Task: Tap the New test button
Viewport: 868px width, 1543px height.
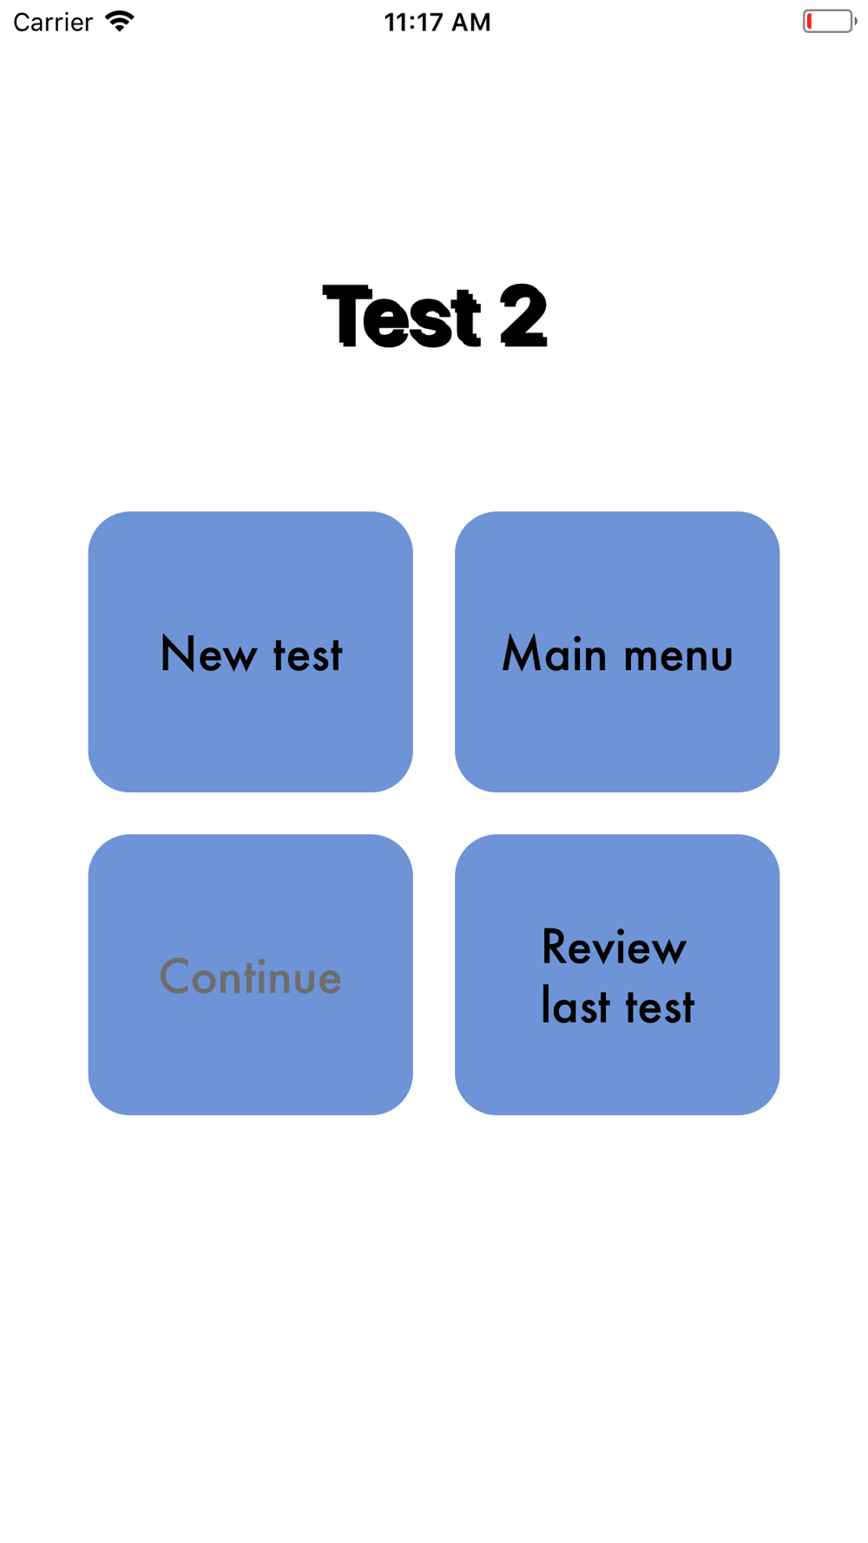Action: pyautogui.click(x=250, y=651)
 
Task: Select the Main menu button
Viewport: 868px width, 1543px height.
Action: pyautogui.click(x=616, y=651)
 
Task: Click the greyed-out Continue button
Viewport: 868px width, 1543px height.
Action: pyautogui.click(x=250, y=974)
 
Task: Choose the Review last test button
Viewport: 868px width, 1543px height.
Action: pyautogui.click(x=616, y=974)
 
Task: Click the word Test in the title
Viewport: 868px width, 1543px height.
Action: pyautogui.click(x=401, y=317)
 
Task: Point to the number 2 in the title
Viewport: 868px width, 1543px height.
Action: pyautogui.click(x=523, y=317)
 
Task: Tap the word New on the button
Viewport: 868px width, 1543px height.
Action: pyautogui.click(x=208, y=654)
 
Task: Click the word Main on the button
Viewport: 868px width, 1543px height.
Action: pyautogui.click(x=554, y=654)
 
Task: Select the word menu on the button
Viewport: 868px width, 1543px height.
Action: pyautogui.click(x=678, y=656)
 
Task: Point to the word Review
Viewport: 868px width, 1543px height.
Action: pyautogui.click(x=614, y=947)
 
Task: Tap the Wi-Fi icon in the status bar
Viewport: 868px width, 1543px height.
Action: pyautogui.click(x=120, y=21)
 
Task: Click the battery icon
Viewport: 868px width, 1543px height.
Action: pyautogui.click(x=829, y=21)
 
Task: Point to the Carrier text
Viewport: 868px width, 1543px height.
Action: pyautogui.click(x=53, y=22)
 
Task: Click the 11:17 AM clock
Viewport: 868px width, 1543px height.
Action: pyautogui.click(x=437, y=22)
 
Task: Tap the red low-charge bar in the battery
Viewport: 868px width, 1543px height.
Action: pyautogui.click(x=809, y=21)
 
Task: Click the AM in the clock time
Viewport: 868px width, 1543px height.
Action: pyautogui.click(x=470, y=22)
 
